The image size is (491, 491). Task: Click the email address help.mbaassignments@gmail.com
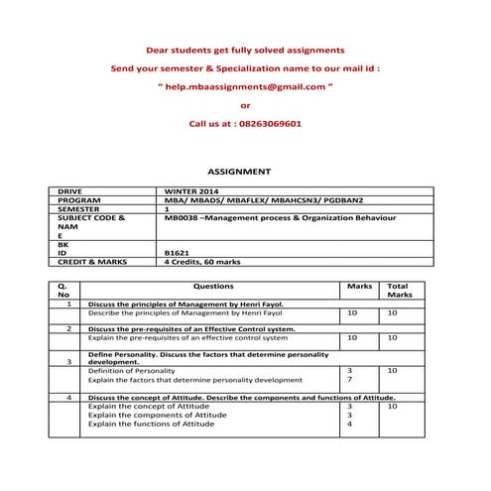[x=245, y=86]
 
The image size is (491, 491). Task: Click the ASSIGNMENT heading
[x=244, y=172]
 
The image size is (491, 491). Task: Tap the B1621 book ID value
[x=177, y=253]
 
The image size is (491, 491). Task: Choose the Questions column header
[x=213, y=286]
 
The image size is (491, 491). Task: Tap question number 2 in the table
[x=68, y=328]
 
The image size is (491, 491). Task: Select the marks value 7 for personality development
[x=349, y=380]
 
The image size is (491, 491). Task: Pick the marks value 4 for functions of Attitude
[x=349, y=424]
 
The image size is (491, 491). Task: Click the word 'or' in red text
[x=245, y=105]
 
